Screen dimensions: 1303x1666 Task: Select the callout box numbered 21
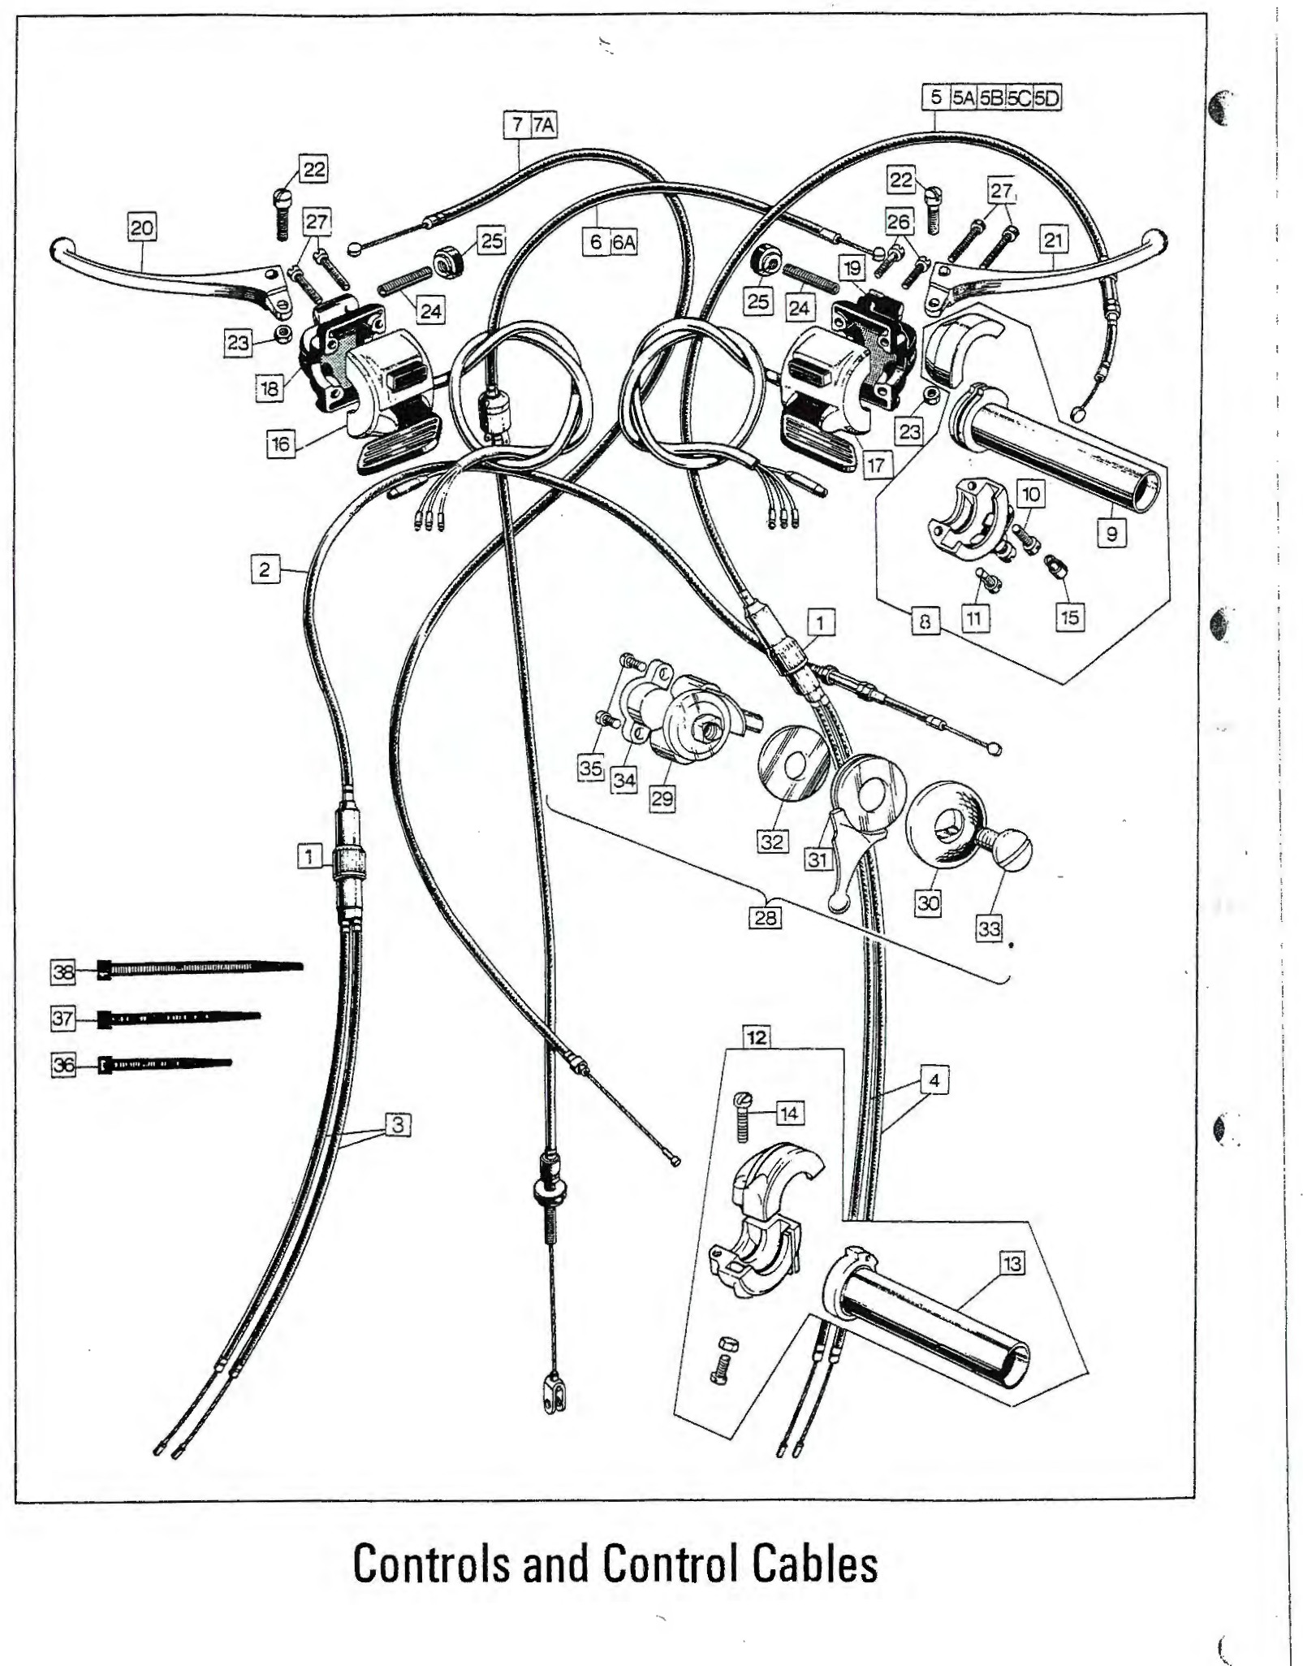[1054, 240]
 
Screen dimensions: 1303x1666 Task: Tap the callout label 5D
[1047, 98]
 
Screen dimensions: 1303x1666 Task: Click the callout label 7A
[544, 125]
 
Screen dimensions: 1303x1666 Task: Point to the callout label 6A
[623, 242]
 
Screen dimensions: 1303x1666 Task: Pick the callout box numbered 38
[63, 971]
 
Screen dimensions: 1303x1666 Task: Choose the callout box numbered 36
[63, 1064]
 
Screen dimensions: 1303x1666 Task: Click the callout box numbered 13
[1012, 1263]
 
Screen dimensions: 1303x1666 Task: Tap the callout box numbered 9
[1112, 534]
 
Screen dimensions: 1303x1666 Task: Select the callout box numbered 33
[989, 928]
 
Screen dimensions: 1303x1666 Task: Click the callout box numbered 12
[757, 1037]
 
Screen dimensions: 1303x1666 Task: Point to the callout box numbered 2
[265, 569]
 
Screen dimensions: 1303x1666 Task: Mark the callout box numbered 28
[766, 918]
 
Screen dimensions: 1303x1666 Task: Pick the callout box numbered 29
[662, 798]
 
